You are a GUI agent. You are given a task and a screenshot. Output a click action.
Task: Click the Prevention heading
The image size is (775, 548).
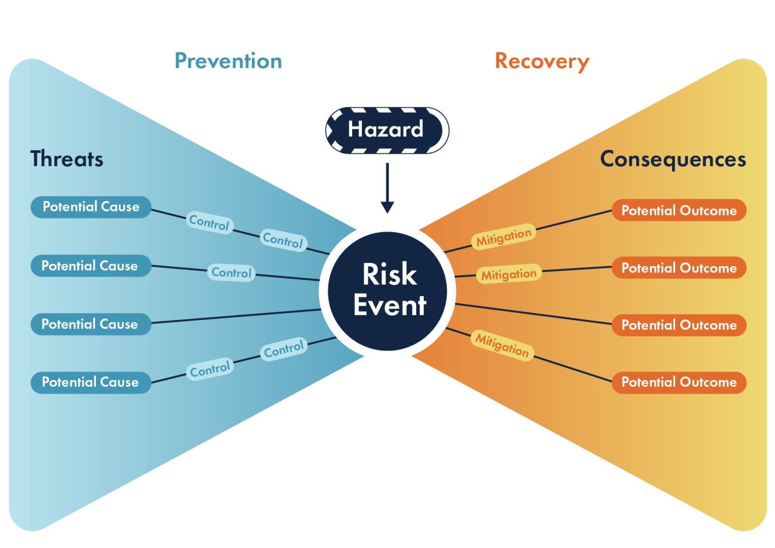click(228, 61)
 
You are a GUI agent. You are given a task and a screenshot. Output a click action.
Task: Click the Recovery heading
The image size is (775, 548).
click(542, 61)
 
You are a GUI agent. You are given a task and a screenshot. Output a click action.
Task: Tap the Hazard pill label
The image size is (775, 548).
click(386, 130)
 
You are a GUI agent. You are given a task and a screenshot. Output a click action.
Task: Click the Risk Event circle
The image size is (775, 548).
click(387, 291)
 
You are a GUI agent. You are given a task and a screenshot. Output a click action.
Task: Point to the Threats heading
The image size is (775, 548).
click(67, 159)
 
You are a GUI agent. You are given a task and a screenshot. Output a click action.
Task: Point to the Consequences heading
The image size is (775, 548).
click(673, 159)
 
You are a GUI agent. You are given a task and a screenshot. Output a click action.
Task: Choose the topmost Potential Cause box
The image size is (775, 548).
click(91, 207)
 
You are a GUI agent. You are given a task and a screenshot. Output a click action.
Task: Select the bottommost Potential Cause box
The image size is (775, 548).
click(91, 382)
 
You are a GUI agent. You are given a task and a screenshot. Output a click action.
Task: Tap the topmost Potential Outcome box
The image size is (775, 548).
click(679, 210)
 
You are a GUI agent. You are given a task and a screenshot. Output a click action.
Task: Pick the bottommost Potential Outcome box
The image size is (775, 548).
click(679, 382)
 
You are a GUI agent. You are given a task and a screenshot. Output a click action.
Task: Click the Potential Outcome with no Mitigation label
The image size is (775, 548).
click(679, 325)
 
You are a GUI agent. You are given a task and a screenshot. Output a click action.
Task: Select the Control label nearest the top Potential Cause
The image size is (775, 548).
click(209, 222)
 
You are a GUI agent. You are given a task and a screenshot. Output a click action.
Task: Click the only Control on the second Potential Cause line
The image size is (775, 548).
click(231, 273)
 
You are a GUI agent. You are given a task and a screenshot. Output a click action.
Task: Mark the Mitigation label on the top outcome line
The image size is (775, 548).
click(504, 237)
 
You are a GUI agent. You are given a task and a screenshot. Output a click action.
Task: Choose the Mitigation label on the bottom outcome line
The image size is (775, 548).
click(502, 345)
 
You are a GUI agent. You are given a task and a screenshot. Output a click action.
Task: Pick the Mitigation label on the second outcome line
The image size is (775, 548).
click(509, 275)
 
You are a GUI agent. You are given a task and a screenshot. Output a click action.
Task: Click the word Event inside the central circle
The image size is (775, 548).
click(390, 306)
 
